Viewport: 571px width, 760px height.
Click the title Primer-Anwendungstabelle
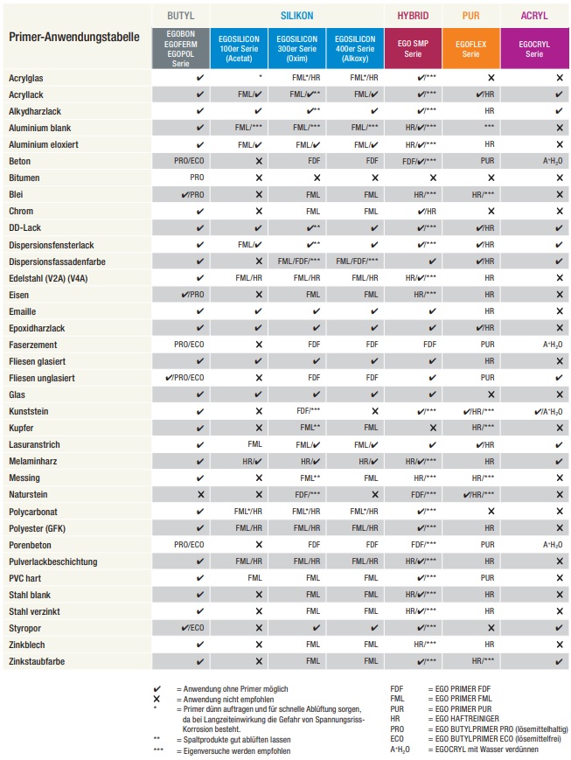[73, 38]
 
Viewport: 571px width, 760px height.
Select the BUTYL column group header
[180, 16]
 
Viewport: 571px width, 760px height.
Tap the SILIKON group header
[296, 16]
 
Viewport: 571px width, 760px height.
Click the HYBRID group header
[413, 16]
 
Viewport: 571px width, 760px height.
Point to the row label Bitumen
[25, 178]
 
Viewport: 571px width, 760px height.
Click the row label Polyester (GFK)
[40, 527]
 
